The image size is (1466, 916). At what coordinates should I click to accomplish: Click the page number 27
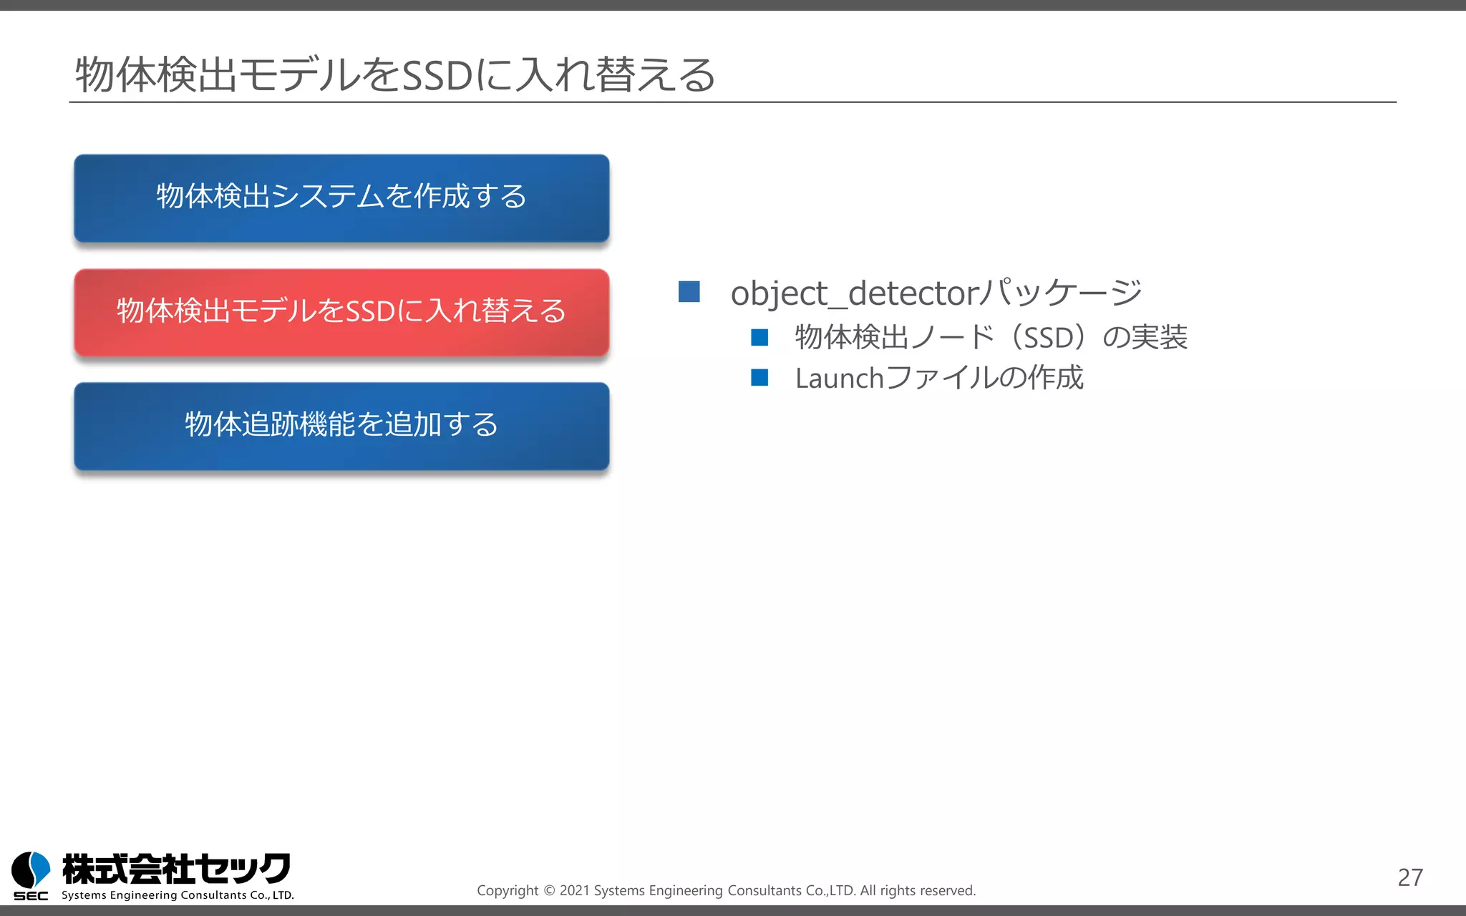coord(1410,877)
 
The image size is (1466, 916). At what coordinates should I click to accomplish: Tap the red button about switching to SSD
coord(341,312)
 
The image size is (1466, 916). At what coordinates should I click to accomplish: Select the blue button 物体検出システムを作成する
coord(341,198)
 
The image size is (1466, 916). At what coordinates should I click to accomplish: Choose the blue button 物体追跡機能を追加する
coord(341,426)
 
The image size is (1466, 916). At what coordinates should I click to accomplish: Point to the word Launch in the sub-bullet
coord(839,379)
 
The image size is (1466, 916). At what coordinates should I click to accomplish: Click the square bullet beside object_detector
coord(689,292)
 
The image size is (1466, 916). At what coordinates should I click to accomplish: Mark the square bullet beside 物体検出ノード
coord(759,337)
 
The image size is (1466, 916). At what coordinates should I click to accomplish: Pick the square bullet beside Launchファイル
coord(759,378)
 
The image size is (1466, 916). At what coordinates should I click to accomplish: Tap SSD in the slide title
coord(437,76)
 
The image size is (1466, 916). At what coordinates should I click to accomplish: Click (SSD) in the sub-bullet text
coord(1049,338)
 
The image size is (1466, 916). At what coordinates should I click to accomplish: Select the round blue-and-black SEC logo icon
coord(31,869)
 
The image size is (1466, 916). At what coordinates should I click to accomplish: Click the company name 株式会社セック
coord(176,869)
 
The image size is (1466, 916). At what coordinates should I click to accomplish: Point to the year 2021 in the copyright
coord(574,891)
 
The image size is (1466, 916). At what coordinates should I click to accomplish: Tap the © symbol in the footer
coord(549,891)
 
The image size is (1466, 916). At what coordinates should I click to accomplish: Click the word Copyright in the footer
coord(508,891)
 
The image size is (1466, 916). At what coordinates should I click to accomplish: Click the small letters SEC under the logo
coord(31,896)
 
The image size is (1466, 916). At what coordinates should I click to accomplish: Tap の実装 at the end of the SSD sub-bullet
coord(1145,338)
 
